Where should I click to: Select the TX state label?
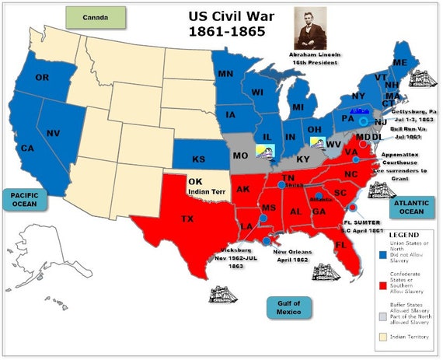tap(187, 219)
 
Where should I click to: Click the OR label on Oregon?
tap(42, 78)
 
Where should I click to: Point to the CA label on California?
tap(28, 148)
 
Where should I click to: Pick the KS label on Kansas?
tap(198, 159)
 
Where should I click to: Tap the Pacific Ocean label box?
tap(24, 198)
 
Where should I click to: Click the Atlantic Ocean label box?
tap(406, 208)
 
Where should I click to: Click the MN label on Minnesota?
tap(226, 75)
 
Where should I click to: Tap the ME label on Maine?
tap(400, 62)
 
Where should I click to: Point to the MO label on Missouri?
tap(241, 156)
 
